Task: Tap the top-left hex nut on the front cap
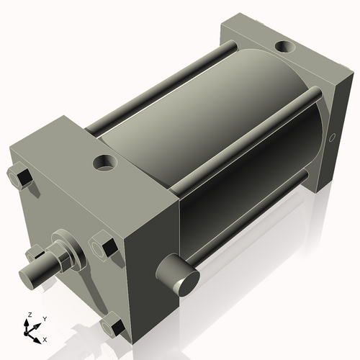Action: [20, 177]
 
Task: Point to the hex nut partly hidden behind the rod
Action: [33, 253]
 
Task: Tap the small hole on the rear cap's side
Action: [332, 136]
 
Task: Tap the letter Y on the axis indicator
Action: [45, 318]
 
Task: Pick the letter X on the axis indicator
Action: [45, 338]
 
